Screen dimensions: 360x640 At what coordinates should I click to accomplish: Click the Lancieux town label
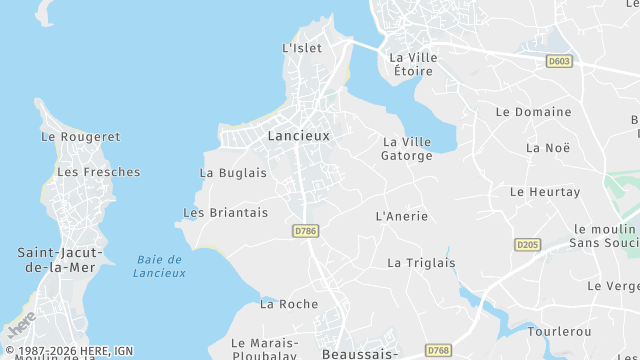pos(298,135)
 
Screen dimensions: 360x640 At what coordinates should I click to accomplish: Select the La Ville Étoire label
pos(415,64)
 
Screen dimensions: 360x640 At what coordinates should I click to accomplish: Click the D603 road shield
pos(559,62)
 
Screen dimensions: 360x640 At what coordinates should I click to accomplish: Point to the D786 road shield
pos(306,231)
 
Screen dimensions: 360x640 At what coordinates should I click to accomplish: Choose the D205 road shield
pos(527,244)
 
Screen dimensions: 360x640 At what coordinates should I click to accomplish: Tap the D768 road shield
pos(437,351)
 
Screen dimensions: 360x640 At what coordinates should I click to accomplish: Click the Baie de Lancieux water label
pos(160,266)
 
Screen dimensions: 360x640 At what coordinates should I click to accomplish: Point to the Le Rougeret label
pos(80,136)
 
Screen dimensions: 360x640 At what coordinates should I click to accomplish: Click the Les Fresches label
pos(98,172)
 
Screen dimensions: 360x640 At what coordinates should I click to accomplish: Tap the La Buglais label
pos(233,172)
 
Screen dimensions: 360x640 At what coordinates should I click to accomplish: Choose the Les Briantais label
pos(226,212)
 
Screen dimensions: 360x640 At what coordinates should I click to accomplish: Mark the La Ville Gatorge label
pos(407,148)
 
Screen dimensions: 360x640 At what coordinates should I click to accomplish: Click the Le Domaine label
pos(534,112)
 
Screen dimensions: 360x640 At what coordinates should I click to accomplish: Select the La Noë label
pos(547,148)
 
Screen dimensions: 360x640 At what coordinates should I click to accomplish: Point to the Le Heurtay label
pos(544,191)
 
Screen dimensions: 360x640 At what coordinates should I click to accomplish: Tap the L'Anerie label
pos(401,216)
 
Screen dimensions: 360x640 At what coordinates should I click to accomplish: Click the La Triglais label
pos(420,263)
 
